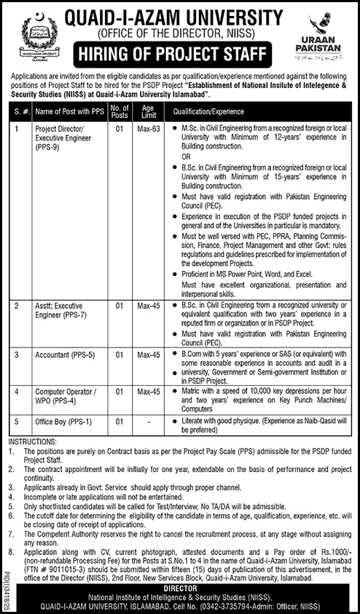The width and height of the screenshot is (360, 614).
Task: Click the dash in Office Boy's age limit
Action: [149, 422]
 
